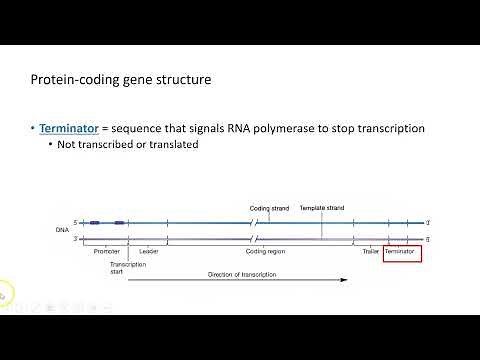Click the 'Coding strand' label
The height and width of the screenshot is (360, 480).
pyautogui.click(x=269, y=208)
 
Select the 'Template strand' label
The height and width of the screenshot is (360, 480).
pyautogui.click(x=321, y=208)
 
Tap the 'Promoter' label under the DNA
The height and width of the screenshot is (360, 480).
pyautogui.click(x=106, y=251)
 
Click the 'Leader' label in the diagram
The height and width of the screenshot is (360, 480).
pyautogui.click(x=148, y=251)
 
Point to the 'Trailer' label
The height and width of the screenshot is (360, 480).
pyautogui.click(x=371, y=251)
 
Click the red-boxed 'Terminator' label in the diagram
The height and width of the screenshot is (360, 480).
pyautogui.click(x=401, y=251)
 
